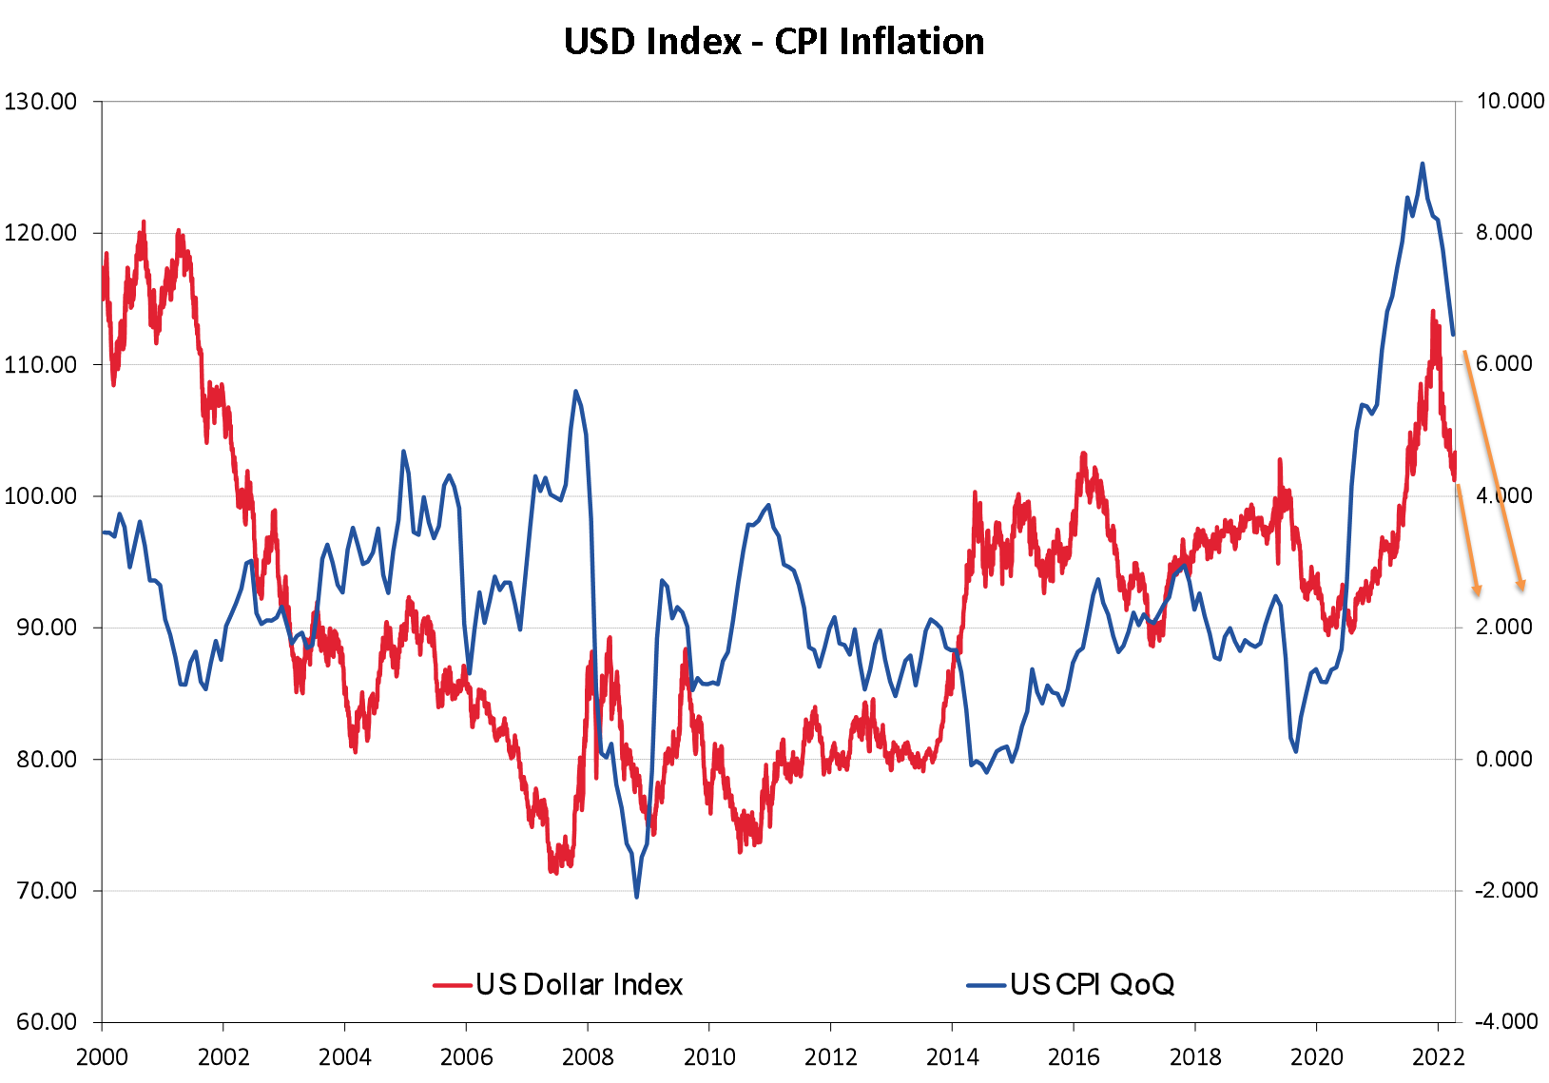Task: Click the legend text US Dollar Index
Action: tap(579, 984)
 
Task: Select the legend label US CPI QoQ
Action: tap(1092, 984)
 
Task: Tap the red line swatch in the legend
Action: tap(453, 985)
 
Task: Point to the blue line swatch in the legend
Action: tap(986, 985)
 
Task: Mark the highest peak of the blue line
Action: tap(1423, 164)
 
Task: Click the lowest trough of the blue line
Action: tap(636, 897)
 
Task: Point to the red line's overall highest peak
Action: tap(144, 222)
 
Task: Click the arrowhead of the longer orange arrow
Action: tap(1523, 589)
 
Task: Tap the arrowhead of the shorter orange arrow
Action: tap(1478, 594)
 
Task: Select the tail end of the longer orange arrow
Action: tap(1463, 352)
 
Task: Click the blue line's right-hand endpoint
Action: tap(1454, 335)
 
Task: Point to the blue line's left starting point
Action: tap(104, 532)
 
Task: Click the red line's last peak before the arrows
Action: tap(1432, 311)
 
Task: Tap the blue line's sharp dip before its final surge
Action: tap(1296, 752)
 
